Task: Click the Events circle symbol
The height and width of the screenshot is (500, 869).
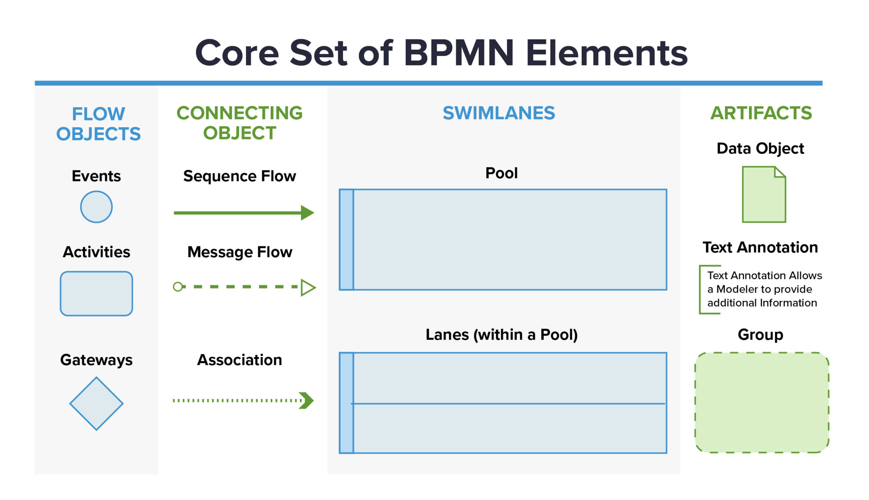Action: click(96, 207)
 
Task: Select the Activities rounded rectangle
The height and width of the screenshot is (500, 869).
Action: click(96, 293)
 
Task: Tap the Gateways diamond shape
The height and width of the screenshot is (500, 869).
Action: click(96, 403)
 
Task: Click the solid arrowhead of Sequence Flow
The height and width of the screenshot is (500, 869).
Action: click(307, 212)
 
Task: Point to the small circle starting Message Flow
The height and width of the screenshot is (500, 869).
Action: click(178, 287)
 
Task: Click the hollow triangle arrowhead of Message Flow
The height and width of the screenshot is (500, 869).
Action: click(308, 287)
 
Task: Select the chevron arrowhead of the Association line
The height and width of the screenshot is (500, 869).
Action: click(306, 400)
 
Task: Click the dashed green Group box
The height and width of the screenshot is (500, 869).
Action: click(762, 402)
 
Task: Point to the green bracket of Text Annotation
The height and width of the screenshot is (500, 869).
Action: click(701, 290)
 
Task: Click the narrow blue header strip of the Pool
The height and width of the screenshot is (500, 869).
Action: click(346, 240)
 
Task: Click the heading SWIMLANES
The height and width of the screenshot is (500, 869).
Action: click(499, 113)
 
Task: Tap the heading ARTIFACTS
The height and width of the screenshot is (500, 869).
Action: click(761, 113)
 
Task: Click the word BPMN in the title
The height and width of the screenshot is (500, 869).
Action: click(459, 53)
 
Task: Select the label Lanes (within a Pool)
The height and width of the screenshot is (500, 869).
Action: click(502, 335)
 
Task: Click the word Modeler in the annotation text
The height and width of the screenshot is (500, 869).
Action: click(737, 289)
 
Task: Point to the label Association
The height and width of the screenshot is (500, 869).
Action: click(239, 360)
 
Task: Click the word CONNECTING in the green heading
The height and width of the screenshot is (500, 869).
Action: click(239, 113)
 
